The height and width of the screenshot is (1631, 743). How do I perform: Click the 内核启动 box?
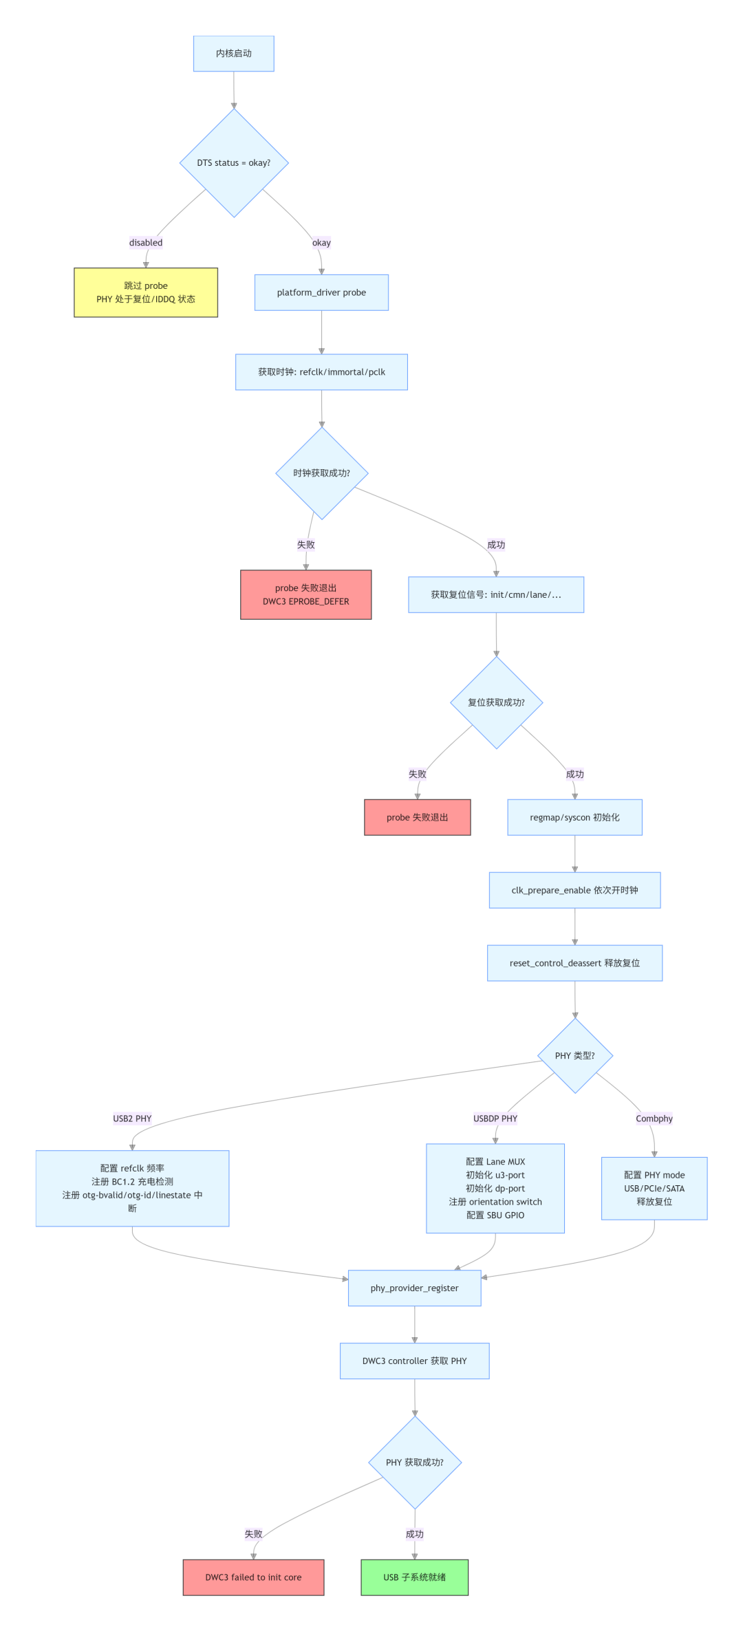click(234, 54)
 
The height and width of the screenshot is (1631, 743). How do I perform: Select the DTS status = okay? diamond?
click(234, 163)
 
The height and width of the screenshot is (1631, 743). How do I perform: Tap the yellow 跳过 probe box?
click(146, 292)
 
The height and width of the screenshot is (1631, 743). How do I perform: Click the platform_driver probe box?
click(321, 292)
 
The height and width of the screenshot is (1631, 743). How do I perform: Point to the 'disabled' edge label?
click(146, 242)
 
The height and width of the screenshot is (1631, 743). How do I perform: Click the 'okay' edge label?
click(321, 242)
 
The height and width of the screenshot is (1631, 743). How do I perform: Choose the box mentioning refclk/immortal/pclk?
click(321, 372)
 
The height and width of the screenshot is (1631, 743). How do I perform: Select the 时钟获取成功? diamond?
click(322, 473)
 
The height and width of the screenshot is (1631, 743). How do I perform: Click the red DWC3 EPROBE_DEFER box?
click(306, 594)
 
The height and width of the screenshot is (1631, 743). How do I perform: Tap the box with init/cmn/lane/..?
click(496, 594)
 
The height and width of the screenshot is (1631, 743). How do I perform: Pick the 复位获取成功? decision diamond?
click(497, 702)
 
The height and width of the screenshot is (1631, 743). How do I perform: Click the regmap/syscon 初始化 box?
click(575, 817)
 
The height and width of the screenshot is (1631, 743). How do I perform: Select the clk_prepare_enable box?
click(575, 890)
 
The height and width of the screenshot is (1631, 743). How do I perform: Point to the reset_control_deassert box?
click(575, 963)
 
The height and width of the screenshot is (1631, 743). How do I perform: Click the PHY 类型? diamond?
click(575, 1056)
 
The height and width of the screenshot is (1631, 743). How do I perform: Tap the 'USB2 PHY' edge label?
click(132, 1119)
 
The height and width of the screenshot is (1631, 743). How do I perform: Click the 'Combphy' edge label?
click(654, 1119)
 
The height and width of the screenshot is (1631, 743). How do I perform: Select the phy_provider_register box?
click(415, 1288)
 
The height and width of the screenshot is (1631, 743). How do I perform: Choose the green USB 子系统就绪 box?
click(415, 1577)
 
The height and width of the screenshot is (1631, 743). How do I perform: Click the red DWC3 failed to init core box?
click(253, 1577)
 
